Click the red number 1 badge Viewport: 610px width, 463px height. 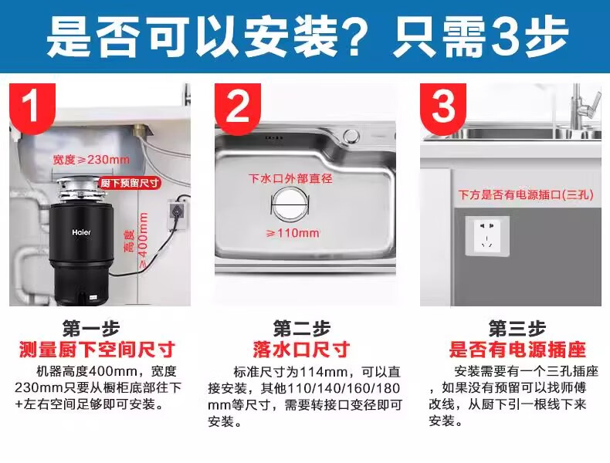[x=32, y=108]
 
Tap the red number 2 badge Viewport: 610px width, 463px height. [x=238, y=108]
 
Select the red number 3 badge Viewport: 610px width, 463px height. [x=443, y=108]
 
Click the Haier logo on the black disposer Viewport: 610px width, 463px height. [x=81, y=232]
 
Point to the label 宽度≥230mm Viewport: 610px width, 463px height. [x=91, y=160]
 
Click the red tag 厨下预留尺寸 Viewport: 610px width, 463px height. [x=130, y=182]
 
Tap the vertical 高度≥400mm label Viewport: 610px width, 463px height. [x=137, y=240]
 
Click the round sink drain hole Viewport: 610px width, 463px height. [x=290, y=205]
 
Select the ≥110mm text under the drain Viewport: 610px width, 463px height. [x=293, y=233]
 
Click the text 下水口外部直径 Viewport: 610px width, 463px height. [x=290, y=178]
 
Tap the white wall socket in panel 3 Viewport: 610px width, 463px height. [x=487, y=235]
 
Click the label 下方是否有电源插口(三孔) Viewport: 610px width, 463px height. [x=526, y=194]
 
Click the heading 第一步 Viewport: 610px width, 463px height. [x=91, y=329]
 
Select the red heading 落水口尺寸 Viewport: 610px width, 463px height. [x=301, y=349]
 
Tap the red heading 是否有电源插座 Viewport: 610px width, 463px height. [x=517, y=349]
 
